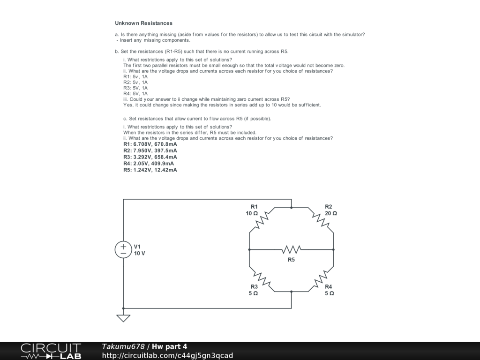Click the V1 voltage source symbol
[x=123, y=249]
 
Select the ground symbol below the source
[x=123, y=318]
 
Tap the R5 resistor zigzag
[x=291, y=249]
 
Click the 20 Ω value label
[x=331, y=213]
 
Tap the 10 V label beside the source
[x=140, y=253]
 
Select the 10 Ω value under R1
[x=252, y=213]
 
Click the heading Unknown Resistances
[x=143, y=23]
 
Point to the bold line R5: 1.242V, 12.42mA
[x=150, y=170]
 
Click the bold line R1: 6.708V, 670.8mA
[x=150, y=144]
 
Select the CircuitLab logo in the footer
[x=51, y=351]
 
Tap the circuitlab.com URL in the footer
[x=167, y=355]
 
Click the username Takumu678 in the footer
[x=123, y=346]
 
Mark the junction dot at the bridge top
[x=292, y=207]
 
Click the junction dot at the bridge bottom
[x=292, y=292]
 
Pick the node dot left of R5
[x=249, y=249]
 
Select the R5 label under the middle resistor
[x=291, y=259]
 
